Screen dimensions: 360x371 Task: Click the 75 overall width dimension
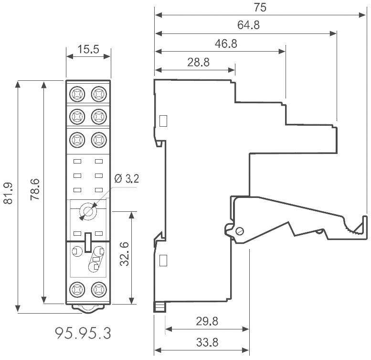point(260,8)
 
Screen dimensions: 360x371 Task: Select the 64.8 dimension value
point(248,26)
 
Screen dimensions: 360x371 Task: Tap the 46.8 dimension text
point(226,44)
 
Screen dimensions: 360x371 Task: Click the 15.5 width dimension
point(88,49)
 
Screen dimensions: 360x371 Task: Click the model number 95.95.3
point(83,333)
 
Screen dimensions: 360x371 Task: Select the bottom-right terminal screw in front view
point(98,289)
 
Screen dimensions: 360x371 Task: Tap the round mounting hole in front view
point(88,211)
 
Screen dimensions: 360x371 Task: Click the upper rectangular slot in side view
point(163,120)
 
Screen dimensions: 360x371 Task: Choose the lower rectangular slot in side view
point(163,261)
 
